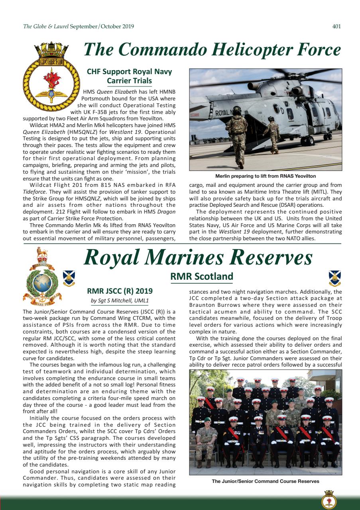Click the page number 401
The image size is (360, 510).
[x=336, y=27]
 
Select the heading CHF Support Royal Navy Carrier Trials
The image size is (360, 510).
[x=129, y=76]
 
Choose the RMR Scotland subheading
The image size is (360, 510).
[x=201, y=276]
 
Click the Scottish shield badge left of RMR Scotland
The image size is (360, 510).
[x=69, y=278]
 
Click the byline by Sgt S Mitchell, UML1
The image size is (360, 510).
[x=120, y=300]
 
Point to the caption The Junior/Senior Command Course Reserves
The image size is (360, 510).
[x=266, y=481]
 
